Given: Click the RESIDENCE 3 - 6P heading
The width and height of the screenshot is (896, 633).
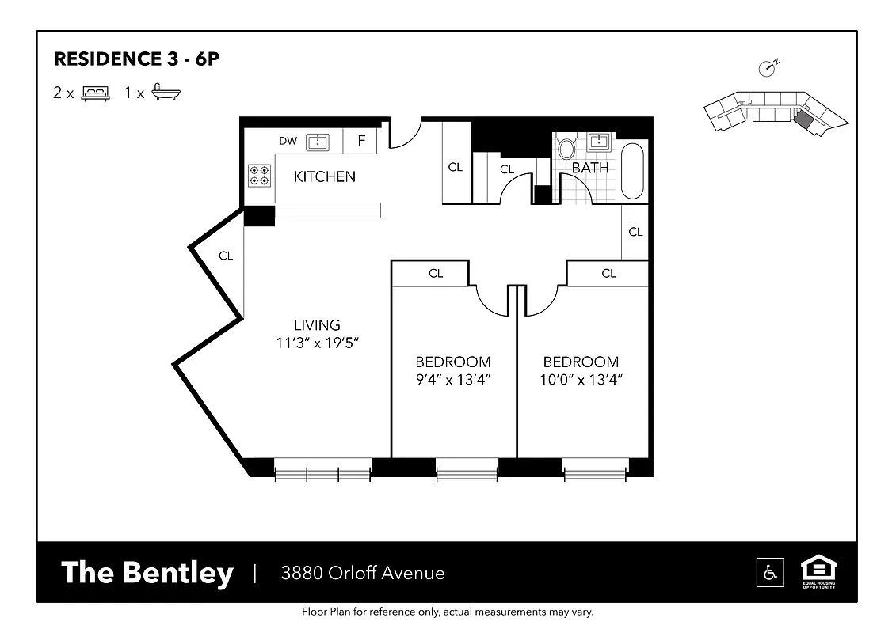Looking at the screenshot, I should pyautogui.click(x=135, y=59).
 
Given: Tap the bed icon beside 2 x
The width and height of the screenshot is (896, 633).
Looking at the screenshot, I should pyautogui.click(x=95, y=93).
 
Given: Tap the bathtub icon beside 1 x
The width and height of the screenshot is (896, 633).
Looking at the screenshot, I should pyautogui.click(x=166, y=92).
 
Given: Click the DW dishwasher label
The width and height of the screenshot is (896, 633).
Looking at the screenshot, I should pyautogui.click(x=288, y=141).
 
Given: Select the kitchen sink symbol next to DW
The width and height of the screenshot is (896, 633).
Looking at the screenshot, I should pyautogui.click(x=318, y=142).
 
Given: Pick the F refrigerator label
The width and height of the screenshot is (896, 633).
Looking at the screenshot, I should pyautogui.click(x=361, y=141).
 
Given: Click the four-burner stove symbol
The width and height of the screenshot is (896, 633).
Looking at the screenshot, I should pyautogui.click(x=258, y=175).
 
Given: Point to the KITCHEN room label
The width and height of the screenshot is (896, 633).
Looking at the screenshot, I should pyautogui.click(x=325, y=176).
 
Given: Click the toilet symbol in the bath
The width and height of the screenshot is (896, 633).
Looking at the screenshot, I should pyautogui.click(x=566, y=148).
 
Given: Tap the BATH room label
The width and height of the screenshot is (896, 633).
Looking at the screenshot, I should pyautogui.click(x=590, y=168).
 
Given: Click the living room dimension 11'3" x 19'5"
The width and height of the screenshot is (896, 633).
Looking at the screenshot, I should pyautogui.click(x=317, y=343).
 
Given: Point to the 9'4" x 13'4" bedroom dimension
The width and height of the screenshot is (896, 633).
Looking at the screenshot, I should pyautogui.click(x=453, y=380).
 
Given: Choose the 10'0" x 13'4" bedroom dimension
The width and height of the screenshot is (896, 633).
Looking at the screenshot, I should pyautogui.click(x=581, y=380).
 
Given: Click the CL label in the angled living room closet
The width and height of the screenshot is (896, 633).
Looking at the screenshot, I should pyautogui.click(x=226, y=256).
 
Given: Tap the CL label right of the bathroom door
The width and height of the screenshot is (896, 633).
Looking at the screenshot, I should pyautogui.click(x=635, y=232).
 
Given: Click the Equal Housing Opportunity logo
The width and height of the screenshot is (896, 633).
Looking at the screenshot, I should pyautogui.click(x=818, y=571).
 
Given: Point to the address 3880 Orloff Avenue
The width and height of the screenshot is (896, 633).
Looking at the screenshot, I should pyautogui.click(x=363, y=573).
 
